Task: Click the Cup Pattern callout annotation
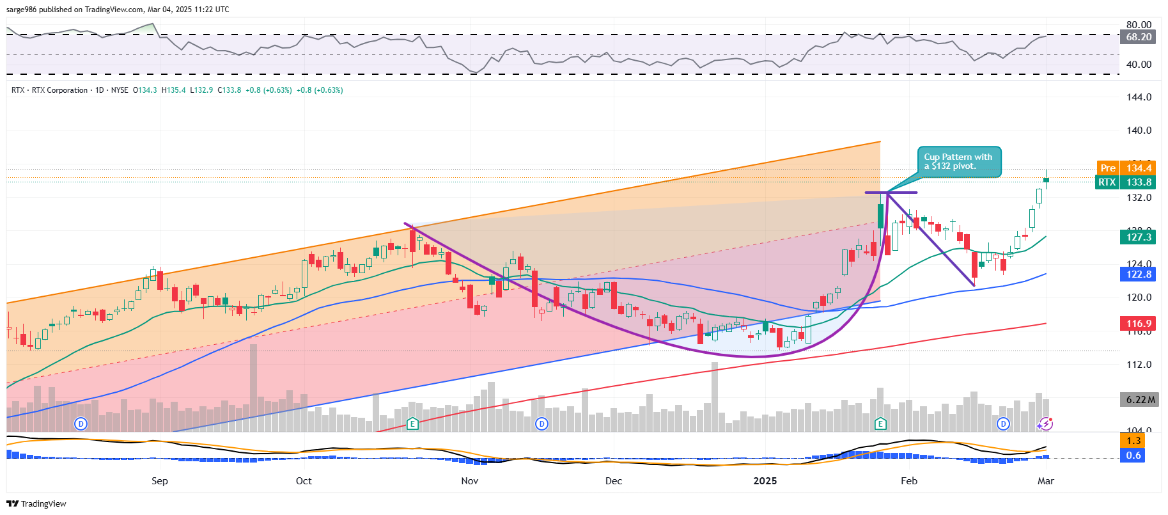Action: tap(959, 162)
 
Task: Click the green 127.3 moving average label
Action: tap(1138, 237)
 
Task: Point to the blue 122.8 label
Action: tap(1138, 274)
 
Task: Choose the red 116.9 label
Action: tap(1138, 324)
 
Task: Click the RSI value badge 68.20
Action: tap(1139, 37)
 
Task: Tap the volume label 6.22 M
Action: tap(1140, 400)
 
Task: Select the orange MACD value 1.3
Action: tap(1133, 441)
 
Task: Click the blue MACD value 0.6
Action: tap(1133, 456)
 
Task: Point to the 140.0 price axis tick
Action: tap(1139, 131)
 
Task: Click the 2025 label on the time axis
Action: tap(765, 481)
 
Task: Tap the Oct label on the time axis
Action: tap(304, 481)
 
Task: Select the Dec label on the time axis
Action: tap(613, 481)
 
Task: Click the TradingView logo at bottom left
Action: tap(36, 503)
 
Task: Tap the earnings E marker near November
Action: tap(412, 424)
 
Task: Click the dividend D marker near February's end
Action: tap(1003, 424)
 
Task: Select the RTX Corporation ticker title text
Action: tap(59, 90)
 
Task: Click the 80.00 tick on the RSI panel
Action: tap(1139, 25)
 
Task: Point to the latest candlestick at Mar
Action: tap(1046, 179)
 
